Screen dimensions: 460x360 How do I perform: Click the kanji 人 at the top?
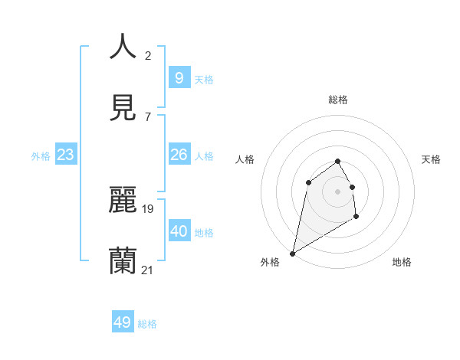click(123, 47)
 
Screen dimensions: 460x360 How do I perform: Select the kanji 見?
click(123, 108)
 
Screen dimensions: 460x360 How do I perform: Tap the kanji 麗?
click(123, 200)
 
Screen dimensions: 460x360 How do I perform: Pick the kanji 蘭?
click(123, 260)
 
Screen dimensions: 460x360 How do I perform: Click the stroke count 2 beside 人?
click(148, 55)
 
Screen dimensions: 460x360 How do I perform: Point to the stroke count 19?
click(148, 208)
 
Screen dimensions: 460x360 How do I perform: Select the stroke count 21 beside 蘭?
click(148, 269)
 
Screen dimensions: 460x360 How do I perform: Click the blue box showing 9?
click(179, 77)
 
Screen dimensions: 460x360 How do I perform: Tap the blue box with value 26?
click(179, 155)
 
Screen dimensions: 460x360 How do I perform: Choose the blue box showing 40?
click(179, 231)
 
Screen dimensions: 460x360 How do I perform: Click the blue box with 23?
click(65, 155)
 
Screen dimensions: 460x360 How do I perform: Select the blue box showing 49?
click(123, 322)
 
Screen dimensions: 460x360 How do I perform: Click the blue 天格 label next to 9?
click(204, 79)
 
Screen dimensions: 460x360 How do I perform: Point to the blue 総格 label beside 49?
click(147, 324)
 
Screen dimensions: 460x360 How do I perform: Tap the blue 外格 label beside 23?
click(41, 156)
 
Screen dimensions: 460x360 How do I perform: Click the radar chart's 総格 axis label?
click(337, 100)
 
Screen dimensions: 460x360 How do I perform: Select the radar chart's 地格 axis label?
click(402, 262)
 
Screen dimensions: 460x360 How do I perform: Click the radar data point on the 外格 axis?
click(292, 253)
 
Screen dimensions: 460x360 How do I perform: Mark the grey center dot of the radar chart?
click(337, 191)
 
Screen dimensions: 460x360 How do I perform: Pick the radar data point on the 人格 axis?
click(308, 182)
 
